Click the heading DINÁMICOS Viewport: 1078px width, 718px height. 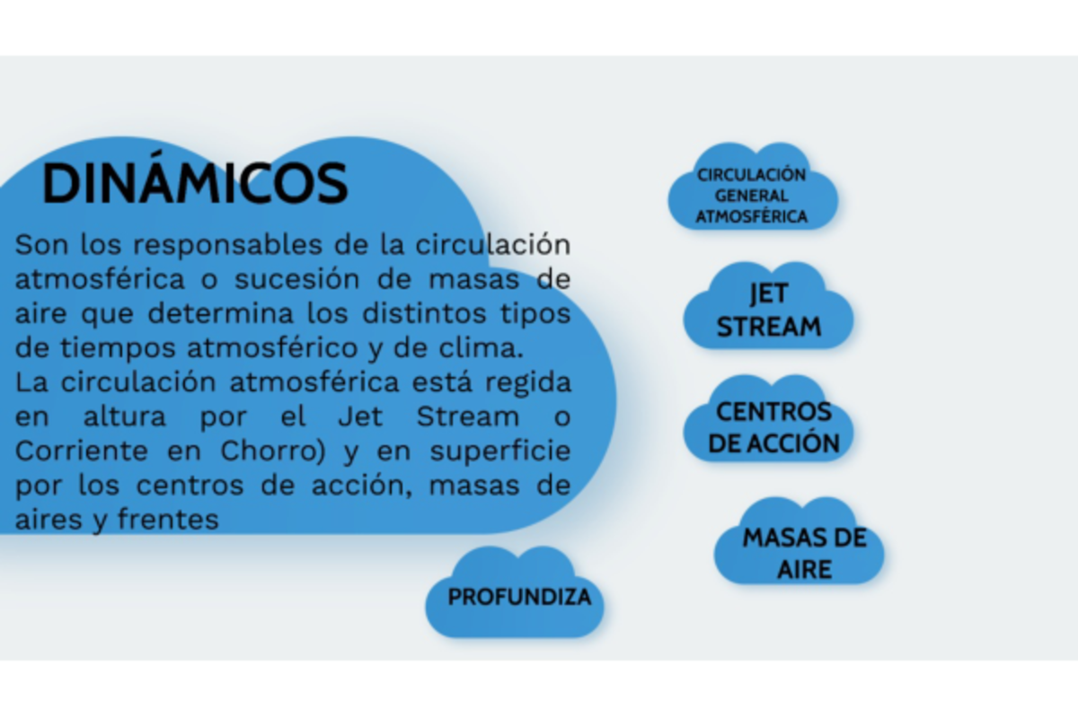click(x=194, y=184)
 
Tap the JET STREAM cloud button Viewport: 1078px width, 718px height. click(x=768, y=311)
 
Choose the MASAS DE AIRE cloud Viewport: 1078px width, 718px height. click(x=803, y=553)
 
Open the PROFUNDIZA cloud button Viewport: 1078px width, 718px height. click(x=519, y=597)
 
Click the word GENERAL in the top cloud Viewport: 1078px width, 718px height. click(x=752, y=196)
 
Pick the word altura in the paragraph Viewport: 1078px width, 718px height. click(x=125, y=416)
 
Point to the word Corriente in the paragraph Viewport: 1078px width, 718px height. click(x=80, y=451)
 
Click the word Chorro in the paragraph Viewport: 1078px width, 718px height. click(x=272, y=451)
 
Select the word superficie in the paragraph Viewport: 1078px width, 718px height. click(x=499, y=451)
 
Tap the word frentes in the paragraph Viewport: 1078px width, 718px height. click(x=168, y=519)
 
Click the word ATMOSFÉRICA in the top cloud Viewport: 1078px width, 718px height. click(x=752, y=216)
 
